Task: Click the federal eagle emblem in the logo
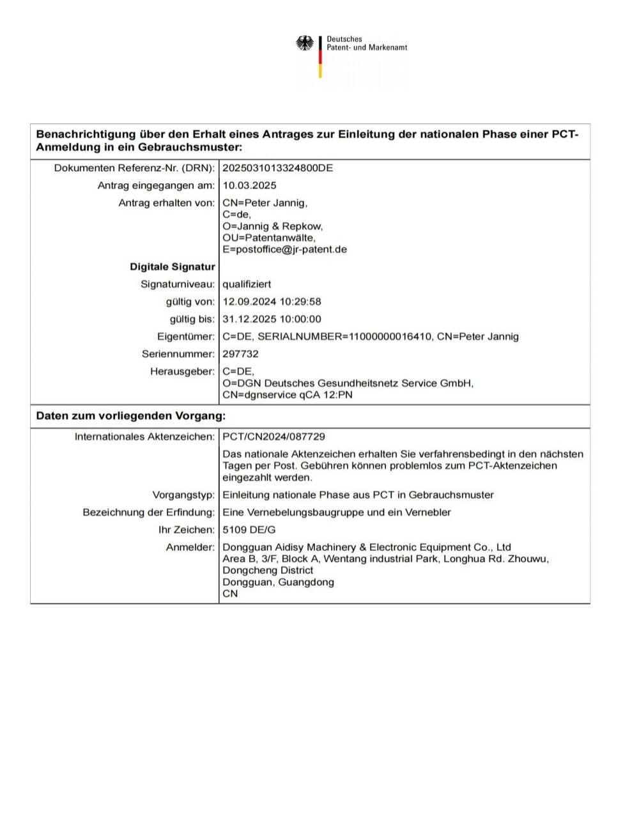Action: pyautogui.click(x=305, y=44)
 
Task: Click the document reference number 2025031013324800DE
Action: pyautogui.click(x=277, y=168)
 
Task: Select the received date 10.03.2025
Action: pyautogui.click(x=249, y=185)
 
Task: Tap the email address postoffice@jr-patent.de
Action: pyautogui.click(x=284, y=249)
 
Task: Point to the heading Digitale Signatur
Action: pyautogui.click(x=173, y=266)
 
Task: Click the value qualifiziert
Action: pyautogui.click(x=247, y=284)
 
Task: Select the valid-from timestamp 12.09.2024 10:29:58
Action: pyautogui.click(x=272, y=302)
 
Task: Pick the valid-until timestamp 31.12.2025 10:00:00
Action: pyautogui.click(x=272, y=319)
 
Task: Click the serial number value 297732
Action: pyautogui.click(x=240, y=353)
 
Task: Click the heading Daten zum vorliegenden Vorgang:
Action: pyautogui.click(x=130, y=416)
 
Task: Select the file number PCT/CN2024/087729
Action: pyautogui.click(x=273, y=436)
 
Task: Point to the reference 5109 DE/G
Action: pyautogui.click(x=249, y=530)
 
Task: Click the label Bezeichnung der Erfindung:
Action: pyautogui.click(x=149, y=512)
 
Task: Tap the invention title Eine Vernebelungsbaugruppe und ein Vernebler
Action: pyautogui.click(x=337, y=512)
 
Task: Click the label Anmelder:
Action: pyautogui.click(x=190, y=547)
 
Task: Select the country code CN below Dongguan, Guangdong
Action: pyautogui.click(x=230, y=594)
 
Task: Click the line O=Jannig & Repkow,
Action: pyautogui.click(x=273, y=226)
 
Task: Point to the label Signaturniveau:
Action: pyautogui.click(x=178, y=284)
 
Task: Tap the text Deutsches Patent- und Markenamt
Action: pyautogui.click(x=367, y=43)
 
